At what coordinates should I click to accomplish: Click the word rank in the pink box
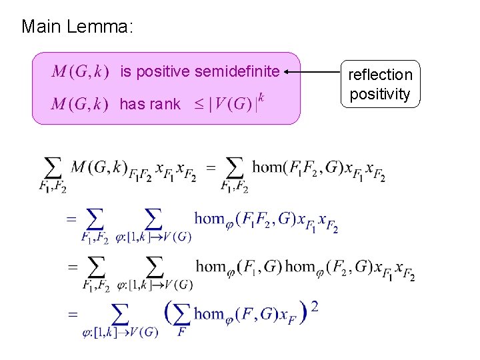point(167,104)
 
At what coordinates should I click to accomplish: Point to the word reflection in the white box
point(381,75)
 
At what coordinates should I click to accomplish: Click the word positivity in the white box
point(381,94)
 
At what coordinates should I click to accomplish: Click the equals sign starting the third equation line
point(71,266)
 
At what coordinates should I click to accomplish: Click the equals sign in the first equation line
point(211,168)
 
